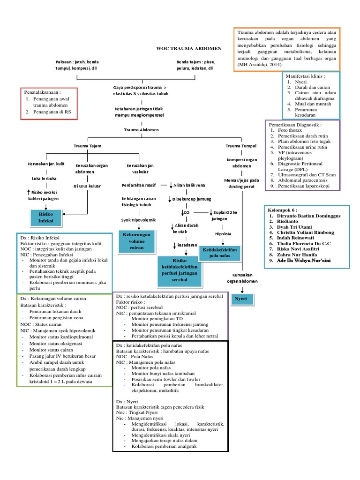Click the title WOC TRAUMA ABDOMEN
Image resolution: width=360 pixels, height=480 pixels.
[x=188, y=48]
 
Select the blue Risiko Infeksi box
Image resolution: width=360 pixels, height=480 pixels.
[x=46, y=216]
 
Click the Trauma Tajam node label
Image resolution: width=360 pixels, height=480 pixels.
[x=87, y=146]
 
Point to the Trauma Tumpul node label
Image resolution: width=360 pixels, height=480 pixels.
[x=239, y=146]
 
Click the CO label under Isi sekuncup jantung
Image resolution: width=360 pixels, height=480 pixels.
[x=186, y=212]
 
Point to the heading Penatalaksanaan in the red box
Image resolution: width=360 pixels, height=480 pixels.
[x=43, y=92]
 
